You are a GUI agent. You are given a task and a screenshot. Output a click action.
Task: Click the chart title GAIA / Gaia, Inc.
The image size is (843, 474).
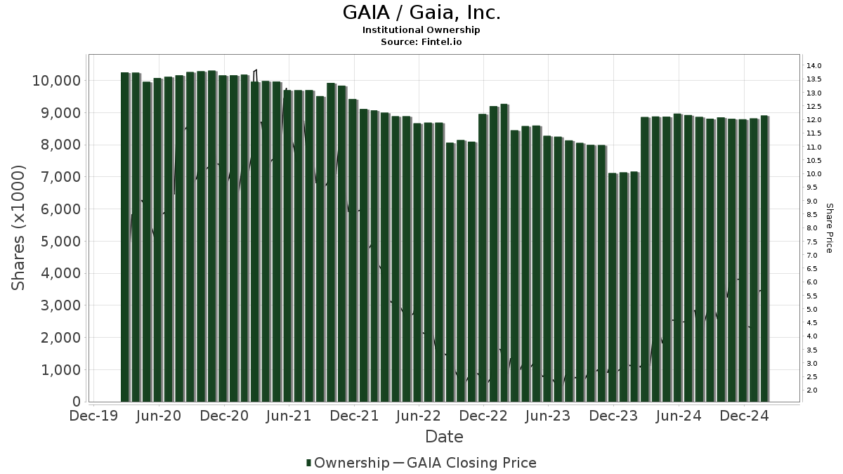tap(421, 13)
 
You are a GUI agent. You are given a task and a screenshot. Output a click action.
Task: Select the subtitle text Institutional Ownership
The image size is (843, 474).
tap(421, 30)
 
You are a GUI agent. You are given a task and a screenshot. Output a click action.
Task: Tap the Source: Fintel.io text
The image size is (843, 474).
tap(421, 42)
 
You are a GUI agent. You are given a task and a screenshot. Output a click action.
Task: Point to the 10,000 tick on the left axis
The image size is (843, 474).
tap(56, 81)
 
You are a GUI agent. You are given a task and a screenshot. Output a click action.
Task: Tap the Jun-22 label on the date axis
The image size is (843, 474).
tap(419, 416)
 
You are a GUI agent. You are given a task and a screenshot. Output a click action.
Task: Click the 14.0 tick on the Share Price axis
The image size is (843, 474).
tap(814, 66)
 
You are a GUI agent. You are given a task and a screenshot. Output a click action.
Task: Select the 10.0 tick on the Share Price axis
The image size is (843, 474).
tap(814, 174)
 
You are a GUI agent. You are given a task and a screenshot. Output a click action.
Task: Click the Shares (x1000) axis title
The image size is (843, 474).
tap(19, 228)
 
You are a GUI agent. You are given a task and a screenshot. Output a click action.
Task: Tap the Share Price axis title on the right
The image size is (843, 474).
tap(829, 228)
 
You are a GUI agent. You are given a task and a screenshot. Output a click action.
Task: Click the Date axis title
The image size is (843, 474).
tap(444, 437)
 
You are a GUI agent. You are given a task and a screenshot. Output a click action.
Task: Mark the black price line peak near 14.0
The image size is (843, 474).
tap(256, 70)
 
